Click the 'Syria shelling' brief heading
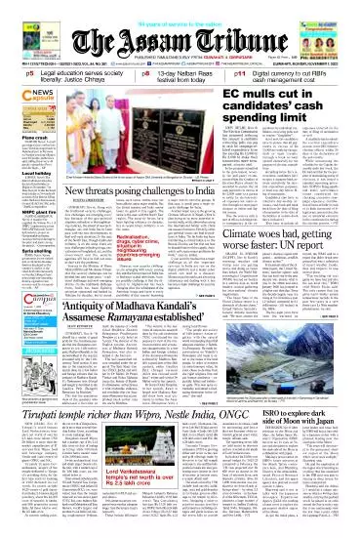tap(21, 277)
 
